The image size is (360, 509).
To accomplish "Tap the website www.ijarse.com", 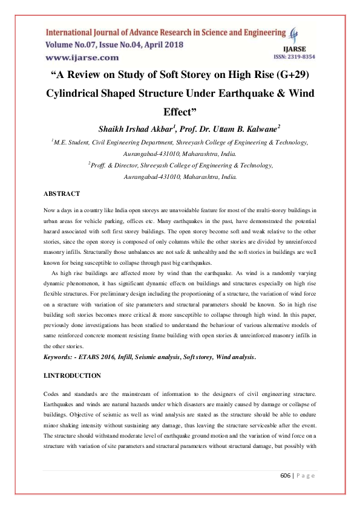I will (x=82, y=57).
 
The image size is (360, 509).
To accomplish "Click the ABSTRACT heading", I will (x=62, y=193).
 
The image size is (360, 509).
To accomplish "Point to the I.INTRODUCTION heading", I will (x=72, y=375).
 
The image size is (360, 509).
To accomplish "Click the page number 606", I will (x=287, y=475).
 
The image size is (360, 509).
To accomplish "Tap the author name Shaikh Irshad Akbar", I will (x=137, y=128).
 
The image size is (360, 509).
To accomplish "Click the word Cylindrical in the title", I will (x=76, y=94).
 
